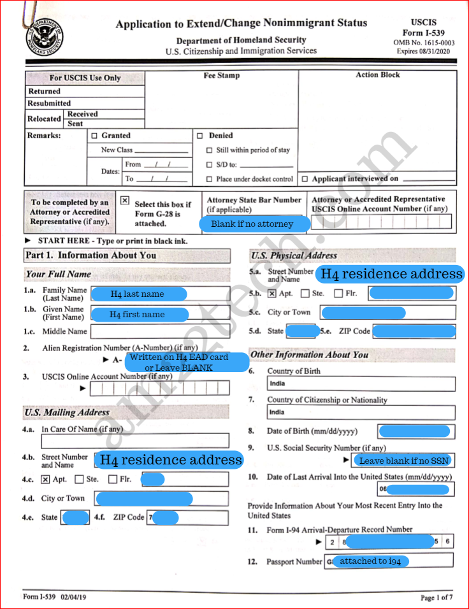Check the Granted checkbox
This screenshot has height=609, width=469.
coord(95,136)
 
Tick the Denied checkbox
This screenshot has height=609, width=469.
coord(200,136)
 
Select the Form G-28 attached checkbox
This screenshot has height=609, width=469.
coord(125,200)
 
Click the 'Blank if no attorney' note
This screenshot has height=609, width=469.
coord(252,224)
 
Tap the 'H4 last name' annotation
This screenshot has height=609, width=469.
coord(138,294)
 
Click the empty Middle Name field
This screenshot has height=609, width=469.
coord(159,331)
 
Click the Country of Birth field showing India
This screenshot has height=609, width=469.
coord(361,383)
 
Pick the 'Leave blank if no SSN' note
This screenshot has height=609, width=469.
coord(403,461)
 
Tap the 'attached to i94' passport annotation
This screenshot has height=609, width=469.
coord(370,561)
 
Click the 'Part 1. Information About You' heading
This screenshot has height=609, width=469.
coord(90,255)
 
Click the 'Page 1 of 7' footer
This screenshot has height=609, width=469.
coord(437,598)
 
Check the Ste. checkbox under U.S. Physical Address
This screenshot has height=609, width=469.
coord(305,294)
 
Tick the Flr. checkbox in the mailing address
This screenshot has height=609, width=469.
coord(113,479)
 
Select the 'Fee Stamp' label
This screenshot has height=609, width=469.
coord(221,75)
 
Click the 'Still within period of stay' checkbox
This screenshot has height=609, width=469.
coord(210,150)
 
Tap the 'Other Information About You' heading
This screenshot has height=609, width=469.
coord(309,354)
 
